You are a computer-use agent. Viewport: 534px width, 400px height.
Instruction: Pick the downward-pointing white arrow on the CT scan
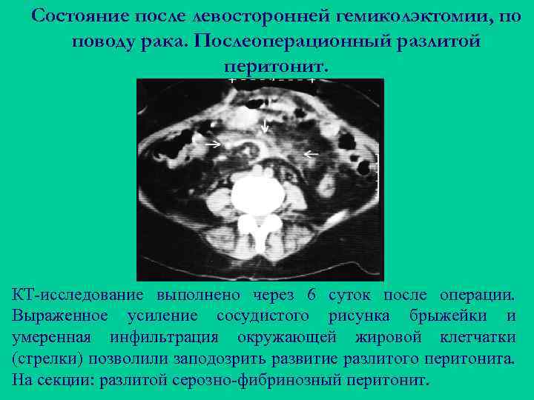pos(266,126)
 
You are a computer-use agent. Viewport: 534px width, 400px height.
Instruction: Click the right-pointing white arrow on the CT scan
pos(213,144)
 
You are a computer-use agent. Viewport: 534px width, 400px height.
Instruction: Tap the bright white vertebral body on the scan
pos(258,193)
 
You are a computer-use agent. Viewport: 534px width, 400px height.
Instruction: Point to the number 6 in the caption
pos(311,295)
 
